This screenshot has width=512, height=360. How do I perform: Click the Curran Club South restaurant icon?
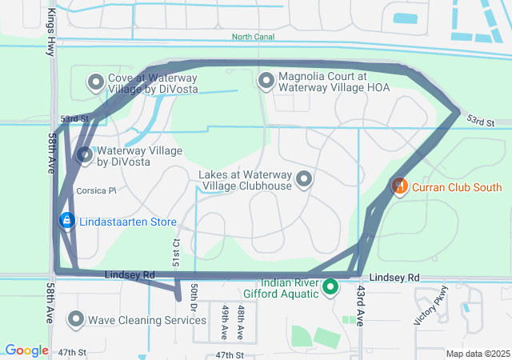[x=399, y=186]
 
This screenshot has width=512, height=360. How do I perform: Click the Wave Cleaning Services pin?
[x=76, y=320]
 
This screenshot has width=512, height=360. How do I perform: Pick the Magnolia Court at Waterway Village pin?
[x=266, y=81]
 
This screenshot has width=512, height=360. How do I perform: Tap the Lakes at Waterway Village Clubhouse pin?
[x=304, y=180]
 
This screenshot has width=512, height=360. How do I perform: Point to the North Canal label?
[x=253, y=37]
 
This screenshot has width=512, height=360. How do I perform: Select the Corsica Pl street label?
[x=96, y=191]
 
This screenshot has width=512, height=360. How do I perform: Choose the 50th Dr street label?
[x=194, y=297]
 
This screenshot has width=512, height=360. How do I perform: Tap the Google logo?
[x=26, y=350]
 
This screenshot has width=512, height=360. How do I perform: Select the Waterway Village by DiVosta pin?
[x=85, y=155]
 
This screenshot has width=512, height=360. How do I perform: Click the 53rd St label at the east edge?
[x=482, y=122]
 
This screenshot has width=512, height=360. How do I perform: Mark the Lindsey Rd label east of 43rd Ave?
[x=394, y=277]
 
